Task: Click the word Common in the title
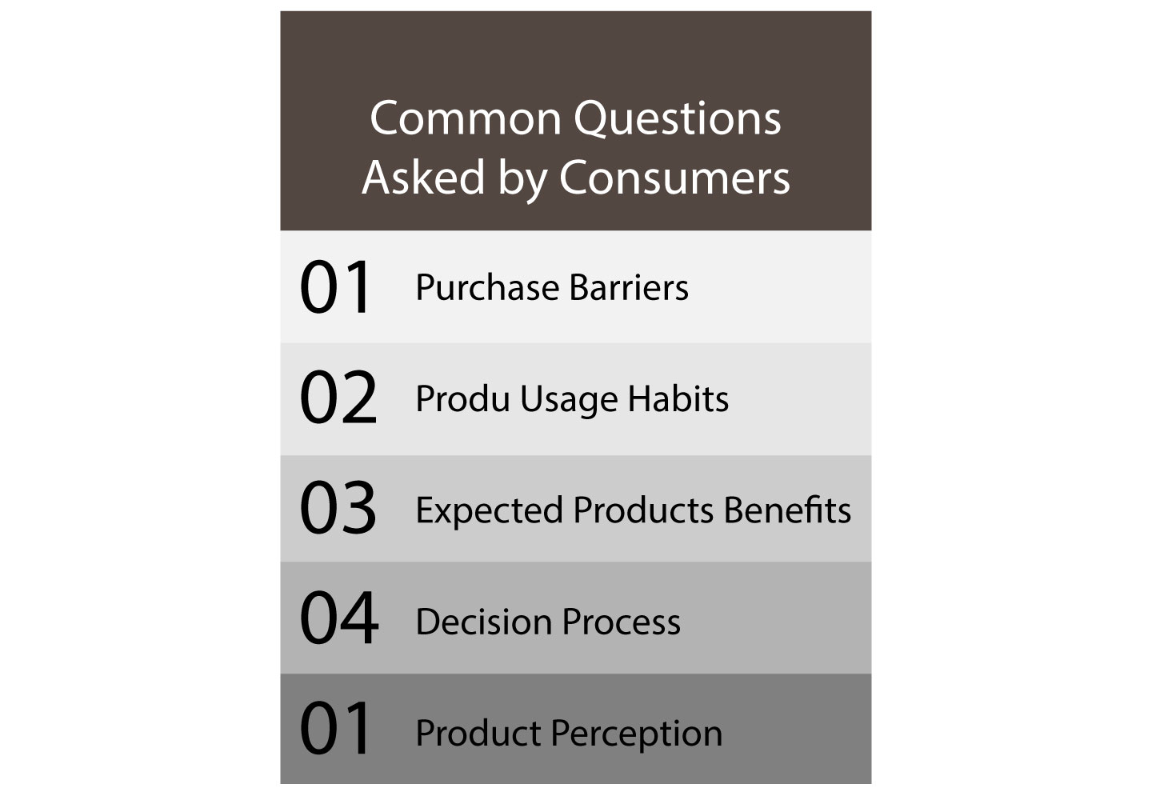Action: point(466,118)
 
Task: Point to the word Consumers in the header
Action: point(674,178)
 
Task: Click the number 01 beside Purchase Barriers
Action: point(334,286)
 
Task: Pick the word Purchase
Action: point(487,287)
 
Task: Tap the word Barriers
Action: point(629,287)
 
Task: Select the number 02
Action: point(338,397)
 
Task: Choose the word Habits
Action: point(678,398)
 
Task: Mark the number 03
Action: point(338,507)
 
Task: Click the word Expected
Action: point(489,511)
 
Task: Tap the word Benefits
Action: point(787,510)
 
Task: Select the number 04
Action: point(339,618)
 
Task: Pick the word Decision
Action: point(484,622)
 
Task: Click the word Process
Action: point(622,622)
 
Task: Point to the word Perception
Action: point(637,734)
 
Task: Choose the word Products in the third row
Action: point(643,510)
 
